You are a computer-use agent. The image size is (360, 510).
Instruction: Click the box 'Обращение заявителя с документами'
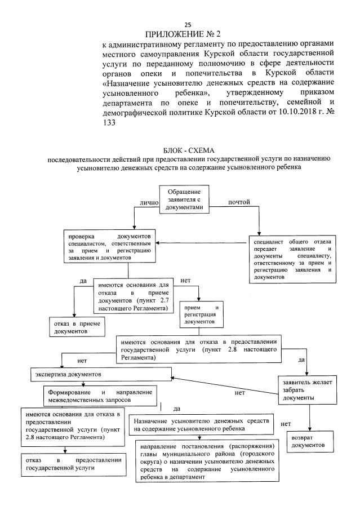(x=185, y=199)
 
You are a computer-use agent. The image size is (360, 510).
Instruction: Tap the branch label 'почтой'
(x=238, y=202)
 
